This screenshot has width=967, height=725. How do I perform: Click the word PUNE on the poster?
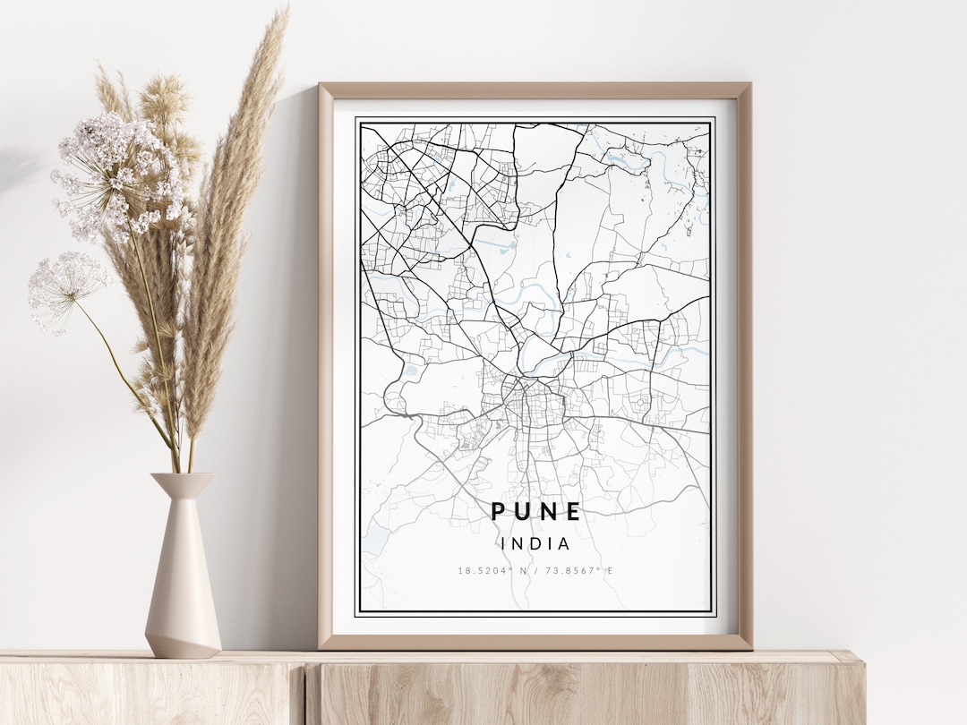[x=535, y=512]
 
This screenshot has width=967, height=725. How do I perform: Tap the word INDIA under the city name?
[x=535, y=543]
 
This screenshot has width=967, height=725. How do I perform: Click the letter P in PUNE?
[x=498, y=512]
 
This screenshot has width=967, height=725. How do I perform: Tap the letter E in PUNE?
[x=573, y=512]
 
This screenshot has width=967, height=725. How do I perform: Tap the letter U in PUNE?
[x=522, y=512]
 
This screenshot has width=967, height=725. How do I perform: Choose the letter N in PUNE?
[x=548, y=512]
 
